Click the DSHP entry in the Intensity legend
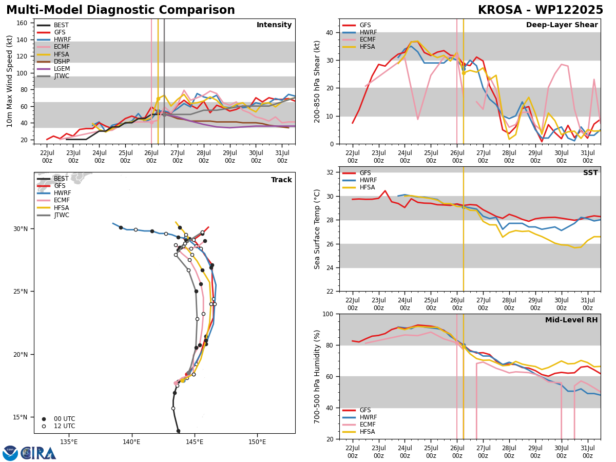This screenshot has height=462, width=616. (53, 62)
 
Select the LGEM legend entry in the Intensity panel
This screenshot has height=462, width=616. (53, 69)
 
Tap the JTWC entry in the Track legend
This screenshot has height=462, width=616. (53, 215)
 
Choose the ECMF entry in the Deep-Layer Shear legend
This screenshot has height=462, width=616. (359, 40)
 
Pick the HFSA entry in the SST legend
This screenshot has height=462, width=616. (359, 187)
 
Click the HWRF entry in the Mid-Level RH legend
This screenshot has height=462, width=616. (360, 417)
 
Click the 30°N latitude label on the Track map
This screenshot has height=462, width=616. (21, 229)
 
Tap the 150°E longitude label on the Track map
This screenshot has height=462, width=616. (257, 442)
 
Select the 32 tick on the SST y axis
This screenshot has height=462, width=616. (330, 172)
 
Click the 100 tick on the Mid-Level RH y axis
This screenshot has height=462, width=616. (328, 314)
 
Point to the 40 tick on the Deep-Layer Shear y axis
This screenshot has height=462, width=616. (330, 33)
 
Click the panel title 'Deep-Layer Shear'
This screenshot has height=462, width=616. (562, 25)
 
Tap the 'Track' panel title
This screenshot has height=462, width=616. (281, 180)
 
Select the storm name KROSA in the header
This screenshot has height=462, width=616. (500, 10)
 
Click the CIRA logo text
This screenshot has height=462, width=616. (38, 453)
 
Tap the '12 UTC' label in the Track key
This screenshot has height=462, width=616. (65, 426)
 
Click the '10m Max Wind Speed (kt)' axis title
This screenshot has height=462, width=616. (9, 81)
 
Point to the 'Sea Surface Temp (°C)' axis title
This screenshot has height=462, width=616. (317, 229)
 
